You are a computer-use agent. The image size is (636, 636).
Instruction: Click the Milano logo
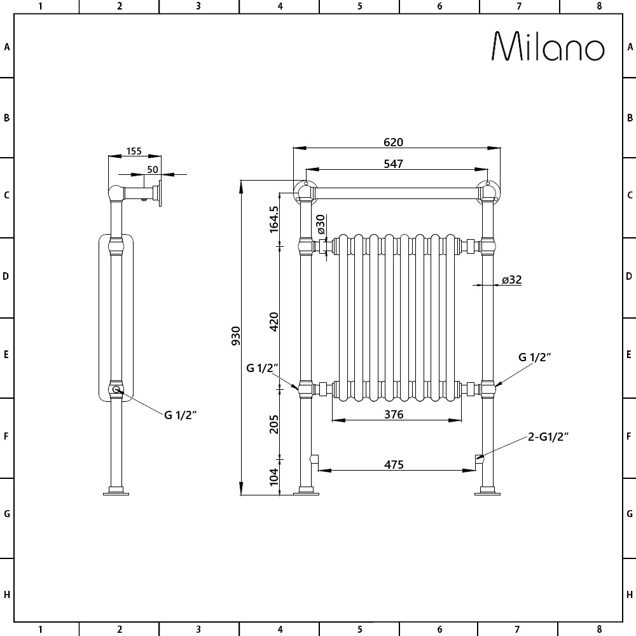click(x=548, y=47)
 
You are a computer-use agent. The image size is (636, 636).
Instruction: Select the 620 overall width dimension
click(x=394, y=142)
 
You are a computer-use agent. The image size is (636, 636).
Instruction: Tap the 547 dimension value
click(x=394, y=163)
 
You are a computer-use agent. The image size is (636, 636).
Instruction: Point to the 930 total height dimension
click(x=236, y=335)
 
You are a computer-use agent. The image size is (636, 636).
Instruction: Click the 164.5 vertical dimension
click(x=274, y=219)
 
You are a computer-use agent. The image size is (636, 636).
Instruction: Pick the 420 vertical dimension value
click(x=274, y=322)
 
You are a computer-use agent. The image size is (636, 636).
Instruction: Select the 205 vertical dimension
click(x=274, y=424)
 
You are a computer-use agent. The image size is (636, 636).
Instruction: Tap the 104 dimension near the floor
click(x=274, y=477)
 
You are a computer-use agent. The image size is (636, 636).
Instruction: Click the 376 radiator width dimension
click(x=394, y=415)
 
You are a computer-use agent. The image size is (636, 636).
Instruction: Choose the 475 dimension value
click(x=394, y=464)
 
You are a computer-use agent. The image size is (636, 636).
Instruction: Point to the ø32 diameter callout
click(x=511, y=280)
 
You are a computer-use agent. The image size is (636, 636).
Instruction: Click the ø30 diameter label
click(x=321, y=223)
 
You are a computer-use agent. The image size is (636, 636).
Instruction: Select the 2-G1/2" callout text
click(x=548, y=436)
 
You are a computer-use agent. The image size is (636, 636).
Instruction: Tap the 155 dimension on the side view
click(x=134, y=151)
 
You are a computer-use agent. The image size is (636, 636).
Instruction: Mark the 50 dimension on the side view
click(x=153, y=169)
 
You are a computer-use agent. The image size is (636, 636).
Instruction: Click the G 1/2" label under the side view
click(x=181, y=415)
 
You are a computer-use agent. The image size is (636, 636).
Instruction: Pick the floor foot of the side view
click(x=116, y=490)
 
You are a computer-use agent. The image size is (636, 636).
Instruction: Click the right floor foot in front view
click(x=488, y=490)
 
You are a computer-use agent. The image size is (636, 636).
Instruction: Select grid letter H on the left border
click(x=6, y=595)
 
